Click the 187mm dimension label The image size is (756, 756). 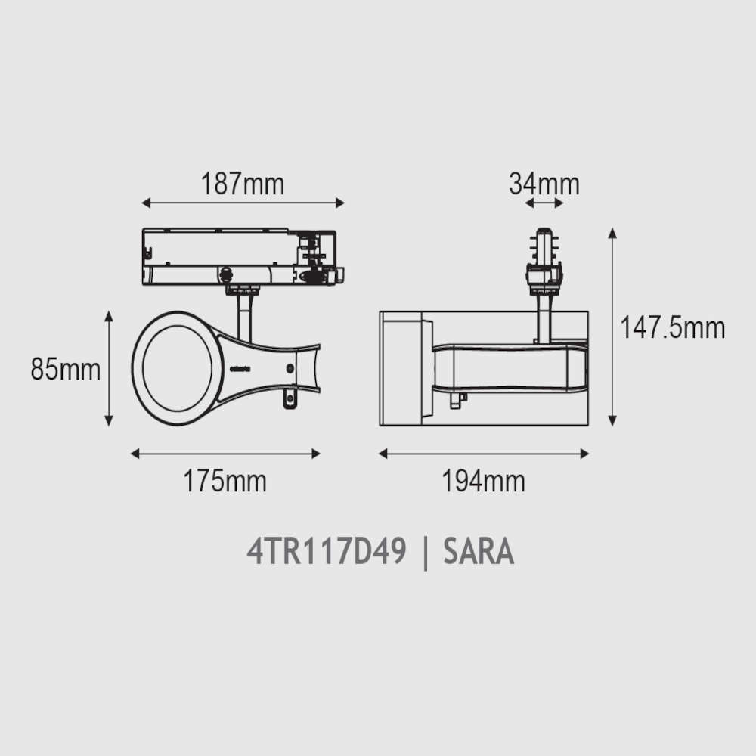(x=242, y=184)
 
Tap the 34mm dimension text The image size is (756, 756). (x=544, y=184)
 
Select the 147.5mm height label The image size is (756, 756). (x=673, y=328)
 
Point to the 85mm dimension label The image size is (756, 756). (x=66, y=370)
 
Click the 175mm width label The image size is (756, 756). (x=225, y=481)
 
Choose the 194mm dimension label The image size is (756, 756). (x=484, y=481)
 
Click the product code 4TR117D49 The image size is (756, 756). (x=327, y=551)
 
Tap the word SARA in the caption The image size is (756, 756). (x=479, y=551)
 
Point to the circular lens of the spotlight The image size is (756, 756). (x=178, y=368)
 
